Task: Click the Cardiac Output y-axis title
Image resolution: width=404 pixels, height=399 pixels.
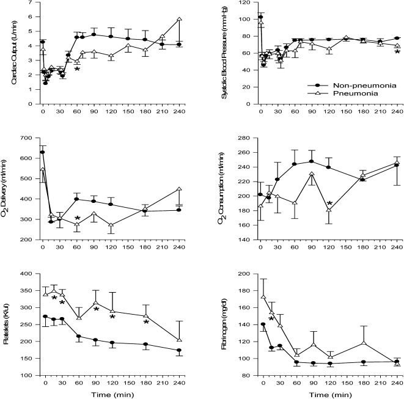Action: [x=8, y=51]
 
